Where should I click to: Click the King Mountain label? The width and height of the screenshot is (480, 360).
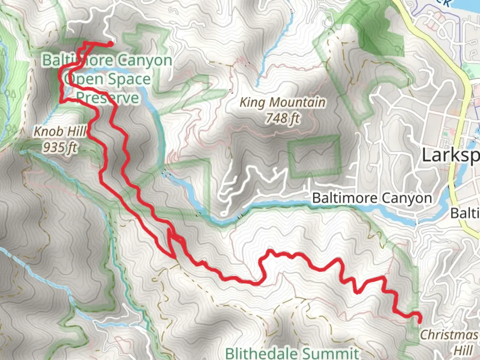(x=282, y=102)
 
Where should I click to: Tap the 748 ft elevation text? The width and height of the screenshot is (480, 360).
(x=282, y=118)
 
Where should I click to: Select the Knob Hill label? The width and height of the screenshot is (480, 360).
(x=60, y=132)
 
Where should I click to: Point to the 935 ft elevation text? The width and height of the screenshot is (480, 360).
(x=60, y=147)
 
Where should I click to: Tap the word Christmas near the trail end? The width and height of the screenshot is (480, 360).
(x=449, y=335)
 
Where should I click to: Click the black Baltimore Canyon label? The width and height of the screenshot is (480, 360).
(x=372, y=198)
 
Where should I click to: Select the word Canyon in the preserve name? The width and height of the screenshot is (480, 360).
(x=144, y=61)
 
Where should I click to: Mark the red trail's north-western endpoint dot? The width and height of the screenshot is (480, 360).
(x=110, y=43)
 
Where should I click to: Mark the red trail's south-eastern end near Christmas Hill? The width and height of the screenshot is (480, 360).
(x=419, y=321)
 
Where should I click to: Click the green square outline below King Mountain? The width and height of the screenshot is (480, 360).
(x=314, y=157)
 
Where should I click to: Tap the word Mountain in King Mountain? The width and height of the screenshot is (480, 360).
(x=297, y=102)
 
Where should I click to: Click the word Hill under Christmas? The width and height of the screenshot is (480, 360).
(x=463, y=350)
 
